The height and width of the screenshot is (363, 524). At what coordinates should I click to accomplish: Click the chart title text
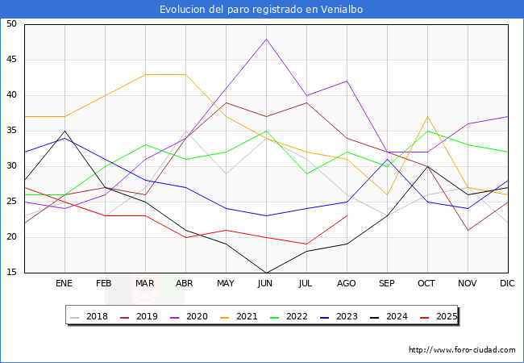261,9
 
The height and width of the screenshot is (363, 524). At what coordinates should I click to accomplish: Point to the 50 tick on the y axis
11,24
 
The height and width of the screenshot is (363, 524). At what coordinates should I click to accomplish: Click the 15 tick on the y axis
11,273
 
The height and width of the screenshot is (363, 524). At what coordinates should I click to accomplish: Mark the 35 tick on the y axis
11,131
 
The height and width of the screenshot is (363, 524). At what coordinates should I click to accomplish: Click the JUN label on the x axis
266,284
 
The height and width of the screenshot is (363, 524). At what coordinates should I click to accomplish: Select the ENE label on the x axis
64,284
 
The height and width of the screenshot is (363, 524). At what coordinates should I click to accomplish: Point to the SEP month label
387,284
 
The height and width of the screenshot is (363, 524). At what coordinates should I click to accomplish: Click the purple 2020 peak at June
266,39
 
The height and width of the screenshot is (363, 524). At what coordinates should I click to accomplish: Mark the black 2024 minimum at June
266,273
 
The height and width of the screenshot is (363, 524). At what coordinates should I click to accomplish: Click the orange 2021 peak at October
427,116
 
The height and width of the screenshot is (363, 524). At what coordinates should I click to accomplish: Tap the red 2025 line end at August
347,215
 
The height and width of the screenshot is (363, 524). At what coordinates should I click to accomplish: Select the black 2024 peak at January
64,131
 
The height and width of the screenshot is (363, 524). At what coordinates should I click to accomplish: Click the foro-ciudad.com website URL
462,350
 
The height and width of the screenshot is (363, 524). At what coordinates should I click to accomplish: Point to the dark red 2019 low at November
468,230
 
